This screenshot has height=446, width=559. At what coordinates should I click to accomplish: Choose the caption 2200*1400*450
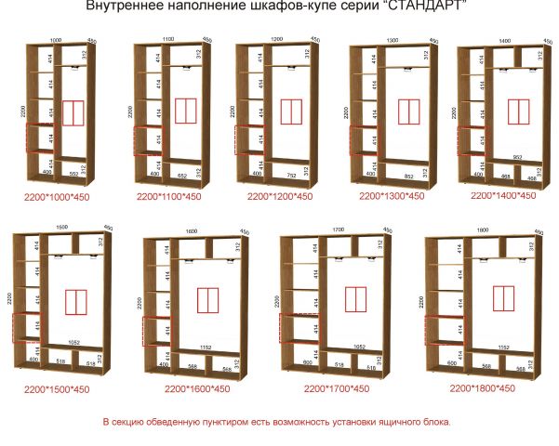[x=503, y=196]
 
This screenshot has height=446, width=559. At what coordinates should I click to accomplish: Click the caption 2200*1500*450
[x=58, y=389]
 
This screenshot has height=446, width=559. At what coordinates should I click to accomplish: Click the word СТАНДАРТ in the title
[x=423, y=7]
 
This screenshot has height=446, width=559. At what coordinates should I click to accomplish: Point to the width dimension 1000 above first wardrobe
[x=56, y=40]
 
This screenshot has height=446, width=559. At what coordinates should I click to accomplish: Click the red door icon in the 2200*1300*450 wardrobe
[x=409, y=111]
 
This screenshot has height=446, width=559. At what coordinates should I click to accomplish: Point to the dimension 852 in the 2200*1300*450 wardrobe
[x=409, y=176]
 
